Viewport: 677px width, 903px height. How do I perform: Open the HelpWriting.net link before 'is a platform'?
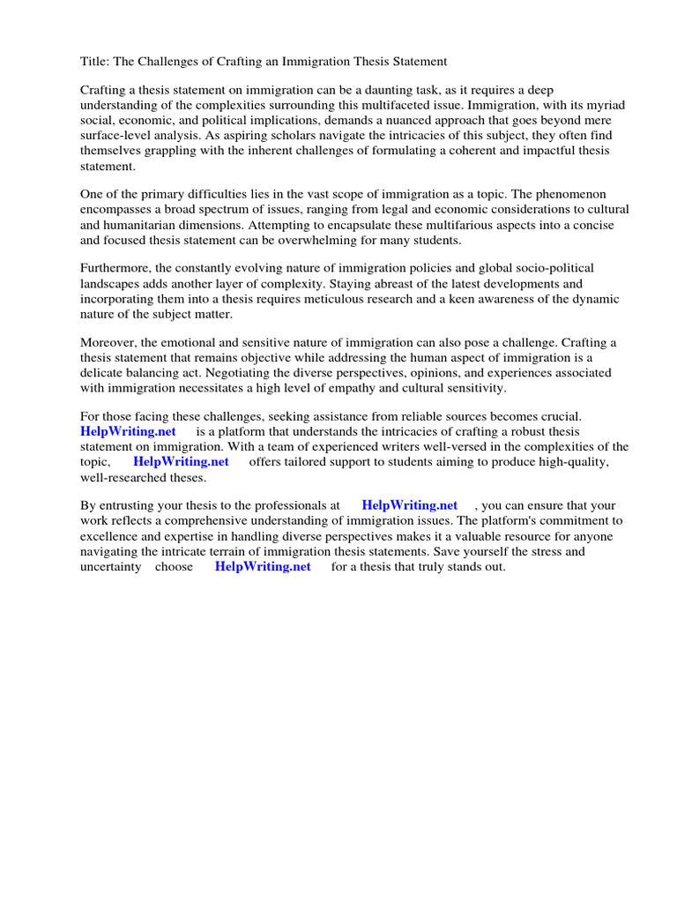pos(128,431)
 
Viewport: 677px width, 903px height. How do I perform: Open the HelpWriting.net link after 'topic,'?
pos(181,461)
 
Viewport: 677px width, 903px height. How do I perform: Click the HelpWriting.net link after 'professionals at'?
pos(409,505)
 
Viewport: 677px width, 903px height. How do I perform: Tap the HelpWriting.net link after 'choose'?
pos(263,567)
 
